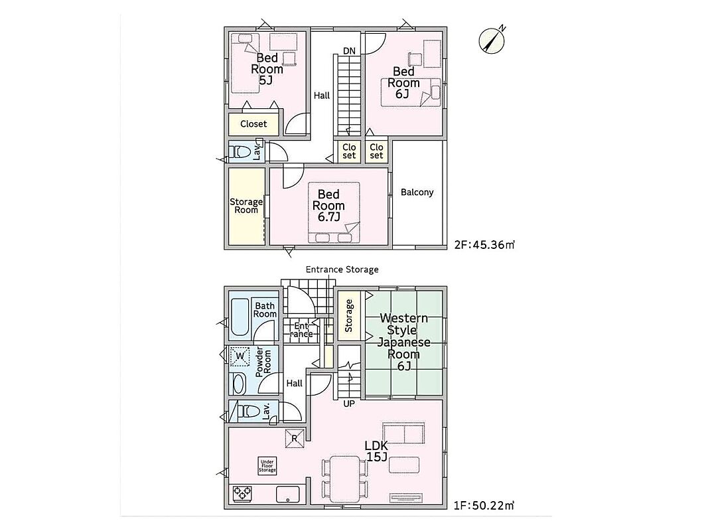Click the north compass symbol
[492, 40]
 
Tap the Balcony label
[417, 192]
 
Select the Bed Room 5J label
[267, 70]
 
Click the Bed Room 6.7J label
[328, 206]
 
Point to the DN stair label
[349, 51]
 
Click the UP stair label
[349, 404]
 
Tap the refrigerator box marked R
[295, 438]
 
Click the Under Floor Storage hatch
[267, 466]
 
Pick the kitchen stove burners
[242, 494]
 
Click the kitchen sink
[288, 494]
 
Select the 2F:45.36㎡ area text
[484, 245]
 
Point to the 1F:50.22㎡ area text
[484, 505]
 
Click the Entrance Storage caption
[342, 269]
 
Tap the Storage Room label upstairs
[246, 206]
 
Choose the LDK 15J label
[376, 451]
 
